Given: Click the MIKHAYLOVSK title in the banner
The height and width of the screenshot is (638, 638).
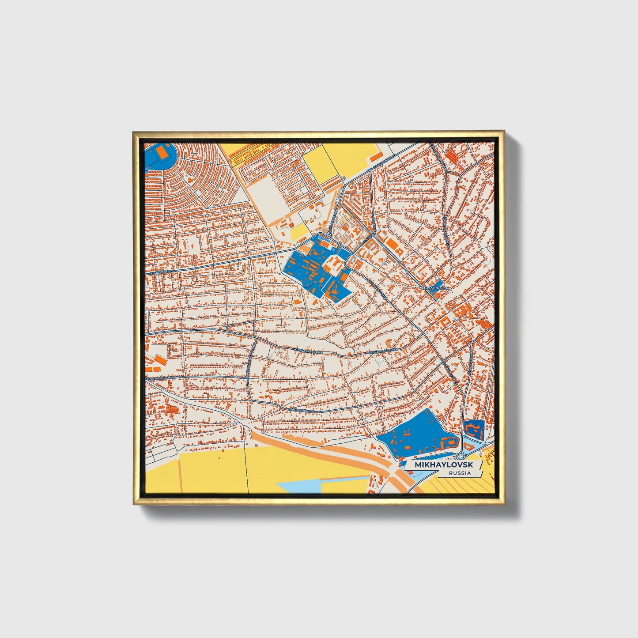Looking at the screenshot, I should click(x=443, y=465).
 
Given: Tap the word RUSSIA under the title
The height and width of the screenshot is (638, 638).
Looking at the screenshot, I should click(x=459, y=473).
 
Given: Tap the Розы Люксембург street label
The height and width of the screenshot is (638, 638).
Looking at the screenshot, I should click(x=161, y=379).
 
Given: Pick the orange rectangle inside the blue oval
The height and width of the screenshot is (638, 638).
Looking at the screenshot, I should click(x=162, y=152).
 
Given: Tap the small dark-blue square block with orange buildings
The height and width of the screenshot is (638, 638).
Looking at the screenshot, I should click(x=473, y=428).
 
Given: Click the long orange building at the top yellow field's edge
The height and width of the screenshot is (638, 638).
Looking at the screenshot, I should click(x=375, y=157).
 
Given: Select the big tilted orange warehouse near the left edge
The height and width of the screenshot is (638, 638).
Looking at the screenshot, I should click(x=161, y=361).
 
